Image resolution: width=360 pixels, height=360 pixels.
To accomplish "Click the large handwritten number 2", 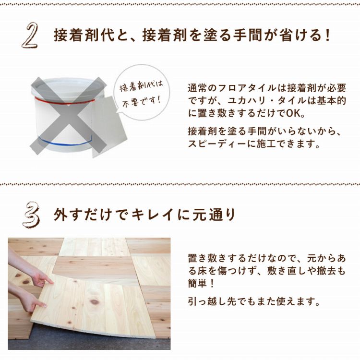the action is point(30,35).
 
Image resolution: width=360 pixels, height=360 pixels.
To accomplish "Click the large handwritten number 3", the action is point(31,215).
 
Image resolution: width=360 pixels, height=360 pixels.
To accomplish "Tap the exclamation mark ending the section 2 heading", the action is point(327,35).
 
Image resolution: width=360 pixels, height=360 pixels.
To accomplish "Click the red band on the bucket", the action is point(65,101).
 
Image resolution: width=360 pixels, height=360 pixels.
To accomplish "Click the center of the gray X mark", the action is point(69,116).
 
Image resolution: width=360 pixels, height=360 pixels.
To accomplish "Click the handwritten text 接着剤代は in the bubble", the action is point(142,85).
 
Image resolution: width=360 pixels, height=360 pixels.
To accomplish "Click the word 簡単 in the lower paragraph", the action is point(198,283).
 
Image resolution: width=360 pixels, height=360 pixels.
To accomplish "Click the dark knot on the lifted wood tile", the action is point(95,302).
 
